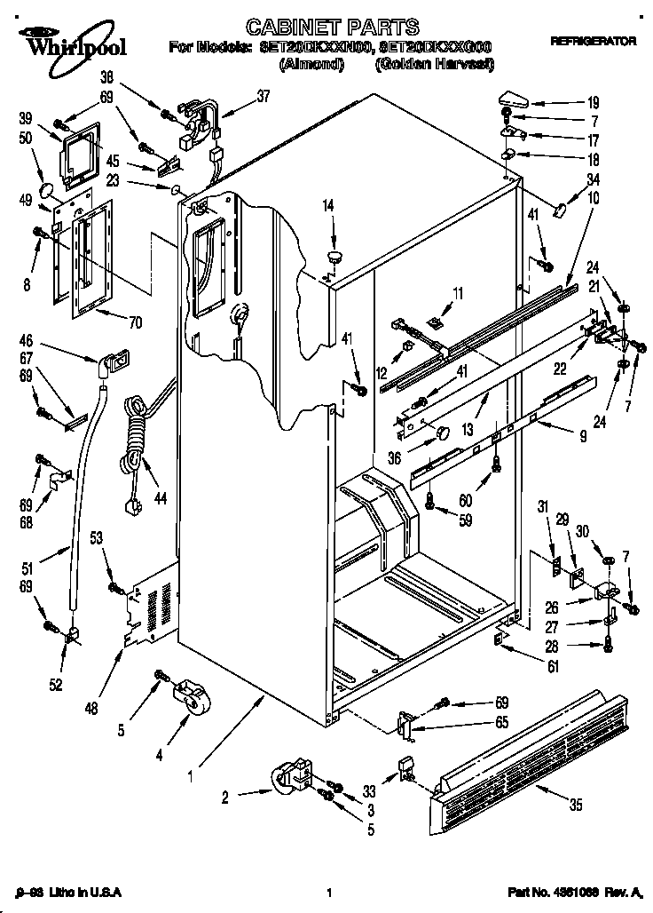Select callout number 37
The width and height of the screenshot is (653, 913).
264,98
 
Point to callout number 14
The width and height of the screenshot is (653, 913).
328,206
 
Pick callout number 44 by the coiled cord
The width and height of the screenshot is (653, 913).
160,500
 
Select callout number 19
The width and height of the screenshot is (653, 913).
594,102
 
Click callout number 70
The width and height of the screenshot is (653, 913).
135,322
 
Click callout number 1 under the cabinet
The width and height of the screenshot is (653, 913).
189,774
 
